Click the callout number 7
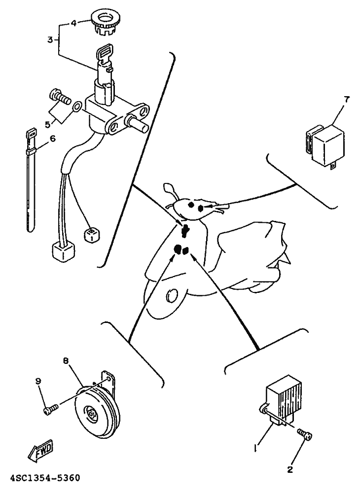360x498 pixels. [346, 100]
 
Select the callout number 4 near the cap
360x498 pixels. [73, 23]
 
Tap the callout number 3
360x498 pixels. [50, 40]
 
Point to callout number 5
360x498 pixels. [48, 124]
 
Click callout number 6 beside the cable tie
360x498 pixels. [53, 138]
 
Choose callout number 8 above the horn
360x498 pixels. [66, 361]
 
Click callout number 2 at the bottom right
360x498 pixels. [290, 469]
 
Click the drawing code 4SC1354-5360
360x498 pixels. [40, 478]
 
